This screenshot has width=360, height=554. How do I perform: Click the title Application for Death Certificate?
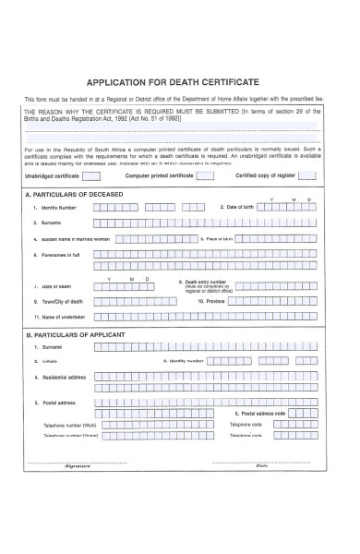[179, 80]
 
